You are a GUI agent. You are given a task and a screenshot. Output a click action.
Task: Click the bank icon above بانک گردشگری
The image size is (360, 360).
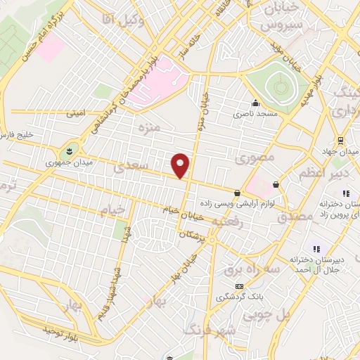click(x=239, y=286)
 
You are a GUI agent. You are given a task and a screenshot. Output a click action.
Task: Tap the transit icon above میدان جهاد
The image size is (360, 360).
click(x=340, y=139)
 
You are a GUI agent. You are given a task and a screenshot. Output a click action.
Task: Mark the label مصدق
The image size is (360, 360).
click(x=295, y=217)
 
